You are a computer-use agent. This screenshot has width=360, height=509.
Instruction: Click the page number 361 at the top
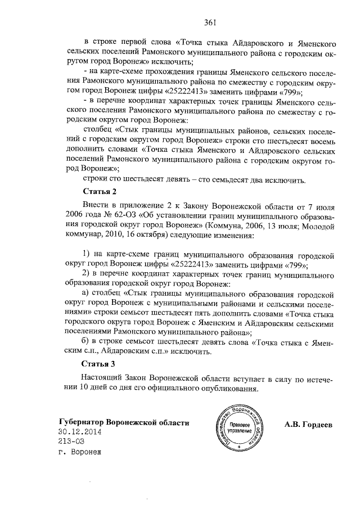point(210,22)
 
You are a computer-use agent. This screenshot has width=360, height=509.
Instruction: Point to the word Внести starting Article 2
point(95,206)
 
